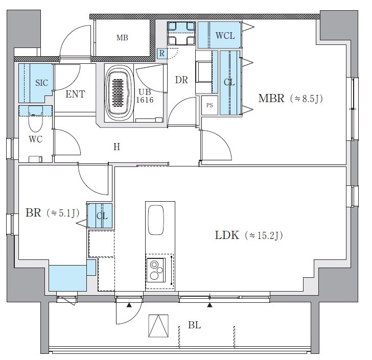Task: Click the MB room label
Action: [x=122, y=38]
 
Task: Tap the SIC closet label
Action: [x=42, y=83]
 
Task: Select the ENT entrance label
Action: [x=75, y=94]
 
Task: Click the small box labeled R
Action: [x=162, y=54]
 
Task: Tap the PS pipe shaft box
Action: [x=210, y=105]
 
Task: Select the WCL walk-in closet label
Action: [x=225, y=36]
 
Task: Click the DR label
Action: [x=181, y=80]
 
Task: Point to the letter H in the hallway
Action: [x=117, y=147]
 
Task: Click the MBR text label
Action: [x=271, y=98]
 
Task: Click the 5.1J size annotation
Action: [x=63, y=213]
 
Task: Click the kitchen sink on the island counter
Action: [x=156, y=220]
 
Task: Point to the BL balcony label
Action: [x=194, y=325]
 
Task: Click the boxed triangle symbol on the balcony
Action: [x=158, y=326]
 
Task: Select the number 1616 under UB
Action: [x=145, y=100]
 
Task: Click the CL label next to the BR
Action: [x=102, y=217]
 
